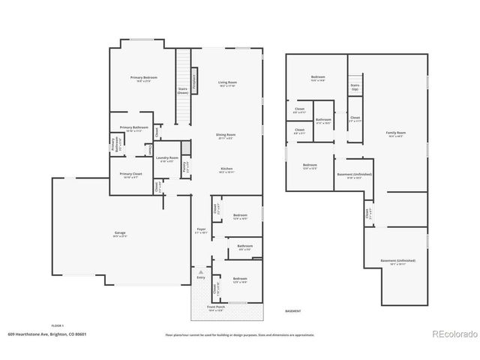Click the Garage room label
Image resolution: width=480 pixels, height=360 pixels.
point(120,233)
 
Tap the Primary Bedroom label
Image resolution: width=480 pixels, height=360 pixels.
point(143,79)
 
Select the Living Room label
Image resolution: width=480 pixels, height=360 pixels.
point(227,83)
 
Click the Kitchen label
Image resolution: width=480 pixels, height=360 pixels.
point(226,169)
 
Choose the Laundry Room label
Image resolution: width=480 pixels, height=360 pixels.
point(167,158)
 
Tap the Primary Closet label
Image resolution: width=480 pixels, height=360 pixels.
point(131,175)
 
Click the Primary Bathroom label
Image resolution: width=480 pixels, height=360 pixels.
point(133,128)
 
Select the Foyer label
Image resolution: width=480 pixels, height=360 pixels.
point(201,230)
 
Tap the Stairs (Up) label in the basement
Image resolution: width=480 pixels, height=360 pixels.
point(355,87)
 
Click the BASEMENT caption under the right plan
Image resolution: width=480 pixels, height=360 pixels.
point(293,310)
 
